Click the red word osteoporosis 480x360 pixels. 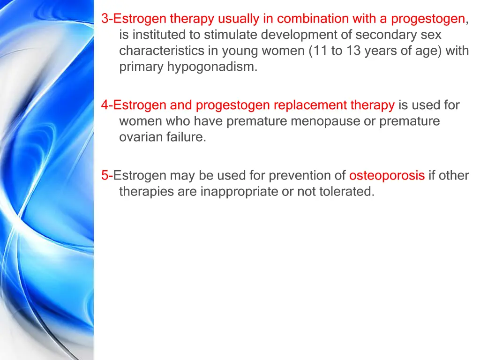[387, 176]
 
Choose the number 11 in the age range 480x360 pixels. [321, 51]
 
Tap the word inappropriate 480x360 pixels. [239, 192]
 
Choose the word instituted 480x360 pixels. [160, 35]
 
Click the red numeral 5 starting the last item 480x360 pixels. [105, 176]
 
